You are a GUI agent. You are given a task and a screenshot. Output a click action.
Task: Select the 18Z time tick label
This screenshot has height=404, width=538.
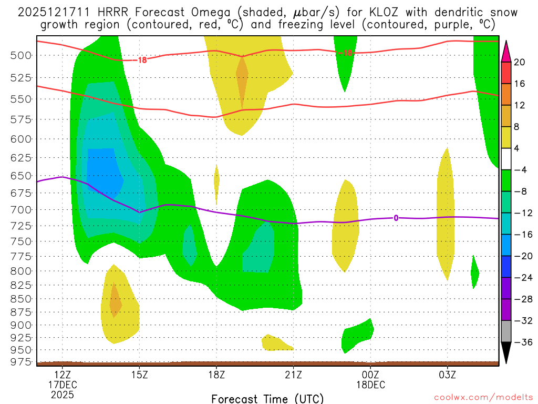click(216, 376)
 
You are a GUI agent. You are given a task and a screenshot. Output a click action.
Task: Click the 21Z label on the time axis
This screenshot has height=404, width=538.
click(293, 376)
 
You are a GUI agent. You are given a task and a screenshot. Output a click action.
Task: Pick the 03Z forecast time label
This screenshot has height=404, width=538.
click(447, 376)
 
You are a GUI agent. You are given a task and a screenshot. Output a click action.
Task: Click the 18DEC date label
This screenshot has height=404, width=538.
click(370, 385)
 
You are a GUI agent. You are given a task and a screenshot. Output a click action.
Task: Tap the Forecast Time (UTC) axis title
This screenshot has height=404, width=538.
click(267, 398)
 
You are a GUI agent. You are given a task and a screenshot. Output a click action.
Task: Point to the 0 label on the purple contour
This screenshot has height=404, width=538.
click(396, 218)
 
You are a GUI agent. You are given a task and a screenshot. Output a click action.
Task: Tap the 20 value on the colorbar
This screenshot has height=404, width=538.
click(520, 62)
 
